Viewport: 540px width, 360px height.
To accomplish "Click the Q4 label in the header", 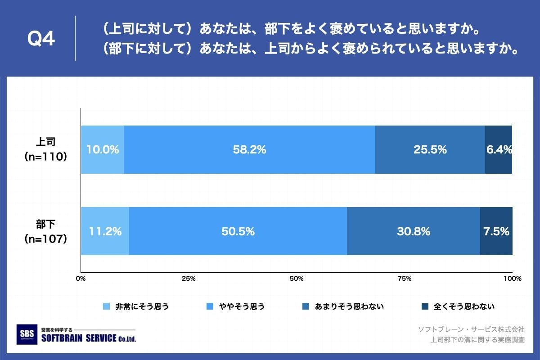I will point(41,40).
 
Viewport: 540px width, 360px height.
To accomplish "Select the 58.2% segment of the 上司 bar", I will point(249,150).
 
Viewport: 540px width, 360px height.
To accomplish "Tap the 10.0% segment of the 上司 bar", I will point(102,150).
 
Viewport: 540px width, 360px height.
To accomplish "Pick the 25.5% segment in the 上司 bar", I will point(430,150).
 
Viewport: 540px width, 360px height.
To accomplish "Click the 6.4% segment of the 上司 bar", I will point(499,150).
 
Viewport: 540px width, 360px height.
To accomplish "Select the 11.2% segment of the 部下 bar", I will point(105,231).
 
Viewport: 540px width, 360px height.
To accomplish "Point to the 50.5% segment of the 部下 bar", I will point(238,231).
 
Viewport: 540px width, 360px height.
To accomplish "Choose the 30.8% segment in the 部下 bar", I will point(413,231).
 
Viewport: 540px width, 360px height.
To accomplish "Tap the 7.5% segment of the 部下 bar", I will point(496,231).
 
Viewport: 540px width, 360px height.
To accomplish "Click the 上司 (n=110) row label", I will point(45,149).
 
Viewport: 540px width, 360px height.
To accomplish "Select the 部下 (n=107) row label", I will point(45,231).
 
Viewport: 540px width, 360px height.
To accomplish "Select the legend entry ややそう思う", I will point(241,307).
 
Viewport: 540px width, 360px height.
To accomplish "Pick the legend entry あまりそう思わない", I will point(349,307).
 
